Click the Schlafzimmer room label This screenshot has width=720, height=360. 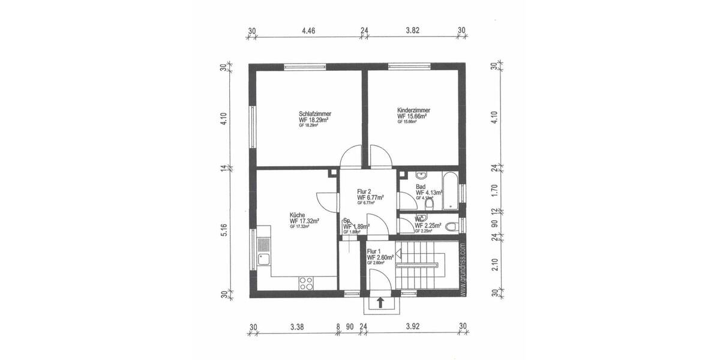[315, 113]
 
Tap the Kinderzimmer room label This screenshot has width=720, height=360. [413, 110]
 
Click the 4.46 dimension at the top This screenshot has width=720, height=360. [308, 29]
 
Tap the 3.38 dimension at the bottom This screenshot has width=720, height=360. [296, 327]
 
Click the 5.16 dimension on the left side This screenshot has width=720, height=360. [223, 231]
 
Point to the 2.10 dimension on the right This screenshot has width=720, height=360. [495, 265]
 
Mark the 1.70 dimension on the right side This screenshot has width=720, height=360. [495, 191]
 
